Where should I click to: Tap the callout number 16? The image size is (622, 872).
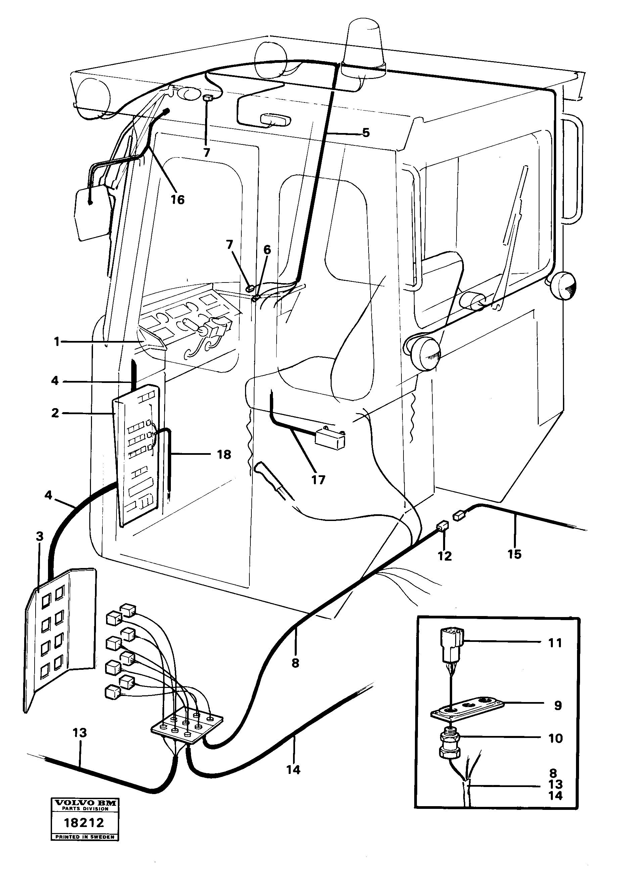coord(177,200)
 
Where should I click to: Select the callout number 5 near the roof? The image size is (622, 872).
coord(366,133)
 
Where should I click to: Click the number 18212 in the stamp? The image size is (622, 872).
coord(85,823)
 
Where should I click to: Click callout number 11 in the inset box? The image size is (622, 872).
coord(555,643)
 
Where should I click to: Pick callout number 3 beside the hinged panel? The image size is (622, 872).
coord(40,537)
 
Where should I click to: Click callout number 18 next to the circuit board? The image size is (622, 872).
coord(224,454)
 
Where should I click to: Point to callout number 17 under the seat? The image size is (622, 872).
coord(318,480)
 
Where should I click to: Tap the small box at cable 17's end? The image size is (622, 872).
coord(329,440)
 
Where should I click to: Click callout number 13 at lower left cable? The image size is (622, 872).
coord(80,733)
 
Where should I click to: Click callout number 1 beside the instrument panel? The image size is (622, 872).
coord(57,342)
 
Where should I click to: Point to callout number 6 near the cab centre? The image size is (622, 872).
coord(267,250)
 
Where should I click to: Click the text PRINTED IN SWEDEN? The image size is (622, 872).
coord(85,837)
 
